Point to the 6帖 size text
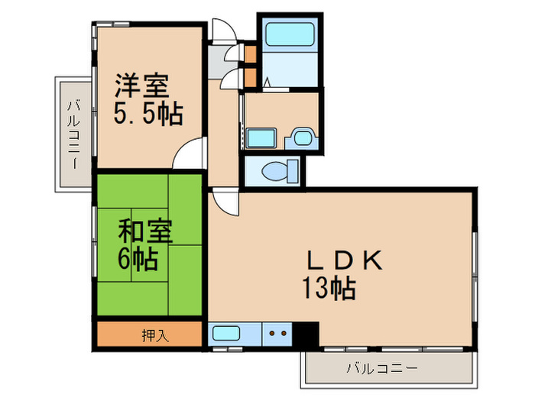coord(138,260)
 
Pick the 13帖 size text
coord(329,289)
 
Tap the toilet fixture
coord(274,171)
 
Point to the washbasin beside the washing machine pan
coord(301,138)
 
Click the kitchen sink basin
coord(227,333)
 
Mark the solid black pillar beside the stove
coord(307,333)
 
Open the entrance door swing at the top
coord(223,31)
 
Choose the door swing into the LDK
coord(224,200)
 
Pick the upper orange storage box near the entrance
coord(251,53)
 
